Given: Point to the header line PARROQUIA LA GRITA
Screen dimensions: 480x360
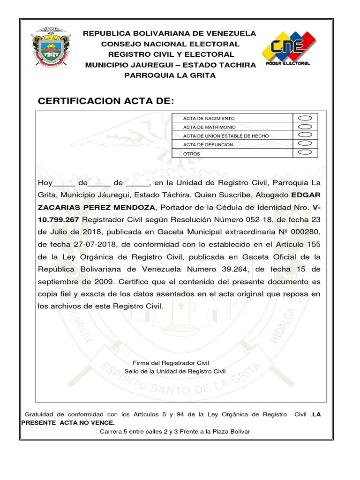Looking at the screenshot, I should (x=169, y=75).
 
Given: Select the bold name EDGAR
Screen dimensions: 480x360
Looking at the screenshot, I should (x=306, y=195).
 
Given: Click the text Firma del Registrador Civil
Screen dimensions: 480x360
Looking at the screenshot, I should (x=171, y=363).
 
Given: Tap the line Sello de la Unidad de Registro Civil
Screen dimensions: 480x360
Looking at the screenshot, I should (x=175, y=371).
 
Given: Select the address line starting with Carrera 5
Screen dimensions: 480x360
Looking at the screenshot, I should (x=175, y=431).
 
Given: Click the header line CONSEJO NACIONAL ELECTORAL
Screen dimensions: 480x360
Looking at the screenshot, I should (x=170, y=44).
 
